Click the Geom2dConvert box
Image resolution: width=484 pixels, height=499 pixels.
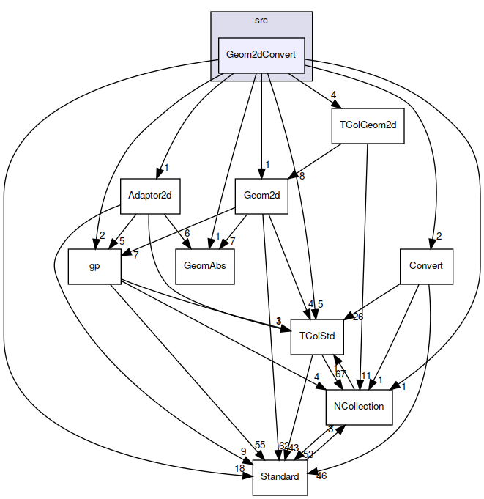pos(261,56)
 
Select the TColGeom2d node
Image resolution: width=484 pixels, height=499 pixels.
pos(368,125)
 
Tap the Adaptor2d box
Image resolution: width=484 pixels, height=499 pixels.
pos(150,196)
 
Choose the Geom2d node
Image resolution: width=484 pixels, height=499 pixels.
pos(261,196)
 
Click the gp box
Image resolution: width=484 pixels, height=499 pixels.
pos(94,266)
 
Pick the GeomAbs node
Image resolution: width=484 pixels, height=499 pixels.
pos(205,266)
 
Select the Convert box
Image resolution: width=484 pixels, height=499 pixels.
pos(426,266)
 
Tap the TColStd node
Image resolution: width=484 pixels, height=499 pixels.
pos(317,336)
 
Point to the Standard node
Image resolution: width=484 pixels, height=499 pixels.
pos(280,477)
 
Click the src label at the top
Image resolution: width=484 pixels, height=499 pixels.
pos(261,21)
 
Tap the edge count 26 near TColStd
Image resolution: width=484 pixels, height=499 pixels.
pos(358,317)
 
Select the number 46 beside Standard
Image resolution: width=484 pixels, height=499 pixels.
pos(321,476)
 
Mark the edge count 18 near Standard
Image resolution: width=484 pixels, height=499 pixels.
pos(239,468)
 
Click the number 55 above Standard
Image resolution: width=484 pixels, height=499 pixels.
pos(259,446)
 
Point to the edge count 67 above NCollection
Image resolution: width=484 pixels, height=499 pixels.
pos(341,374)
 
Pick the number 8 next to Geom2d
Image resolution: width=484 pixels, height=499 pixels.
pos(301,176)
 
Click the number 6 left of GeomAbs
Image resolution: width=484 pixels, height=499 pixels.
pos(187,233)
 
